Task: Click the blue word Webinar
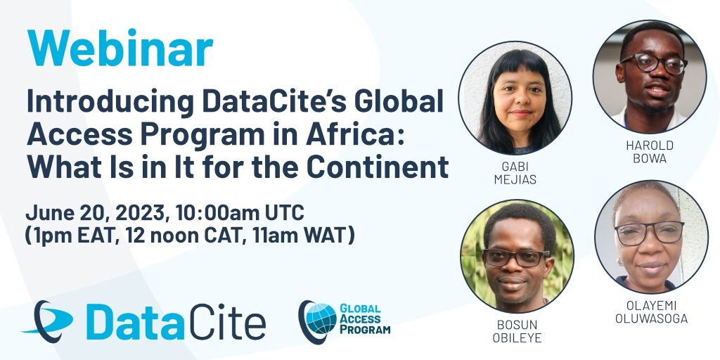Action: click(x=120, y=49)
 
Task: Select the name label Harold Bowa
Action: click(x=649, y=152)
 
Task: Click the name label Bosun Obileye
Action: click(x=517, y=331)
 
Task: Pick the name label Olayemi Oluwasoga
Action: click(x=651, y=311)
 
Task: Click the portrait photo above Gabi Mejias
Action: click(x=515, y=98)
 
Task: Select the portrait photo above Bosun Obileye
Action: click(x=517, y=256)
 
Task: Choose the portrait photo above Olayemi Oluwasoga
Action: click(x=651, y=237)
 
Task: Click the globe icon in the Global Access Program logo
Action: click(x=321, y=319)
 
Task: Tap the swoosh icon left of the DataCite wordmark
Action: click(x=48, y=321)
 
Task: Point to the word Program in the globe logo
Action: click(x=365, y=329)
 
